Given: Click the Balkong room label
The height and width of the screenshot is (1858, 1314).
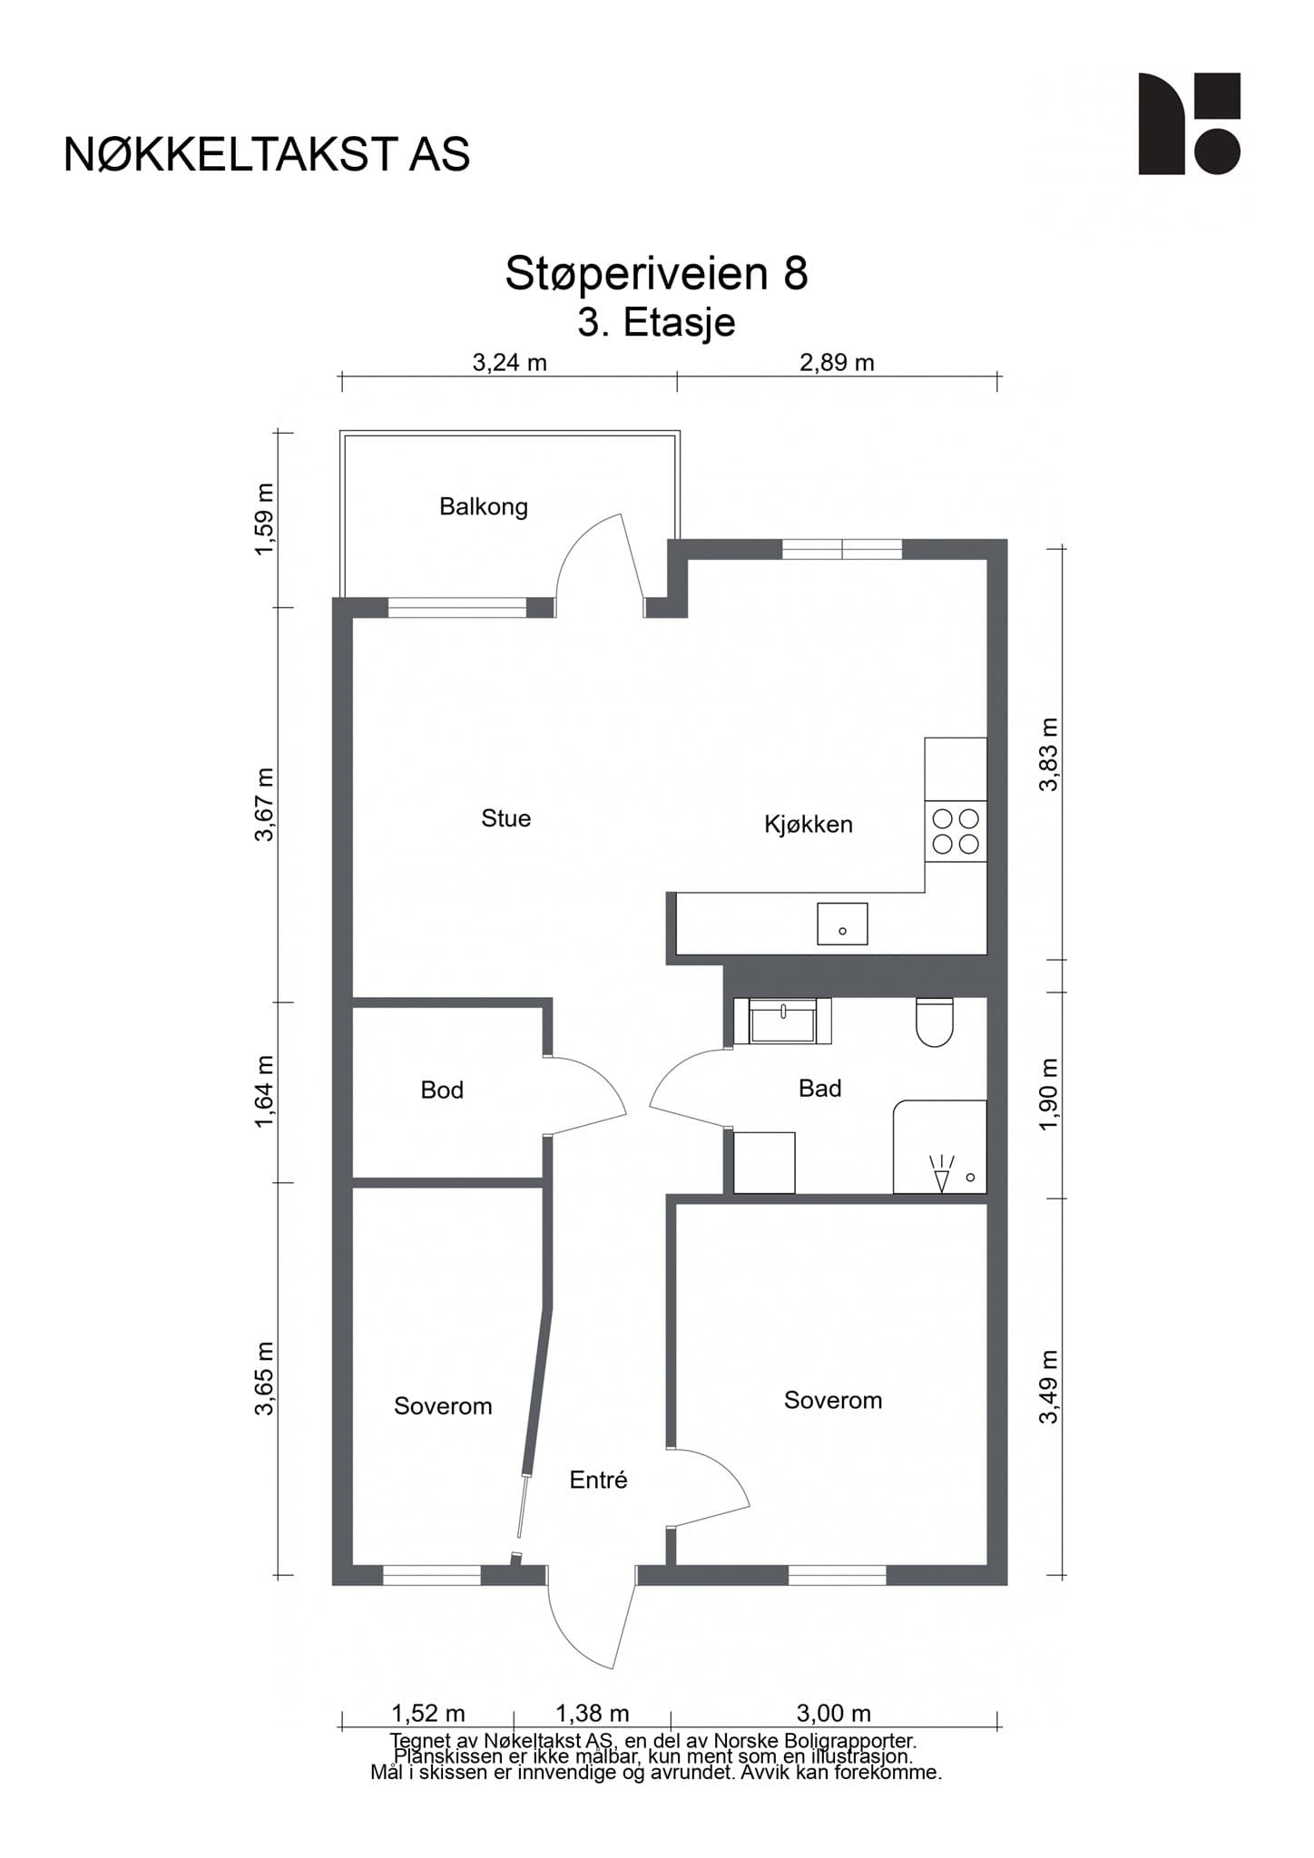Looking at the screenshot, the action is click(484, 506).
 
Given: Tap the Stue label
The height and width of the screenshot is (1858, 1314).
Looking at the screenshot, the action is click(505, 818).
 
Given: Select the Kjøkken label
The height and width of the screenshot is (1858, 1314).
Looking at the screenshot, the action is click(809, 825).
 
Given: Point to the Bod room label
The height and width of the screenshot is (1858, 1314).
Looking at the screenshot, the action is click(442, 1090).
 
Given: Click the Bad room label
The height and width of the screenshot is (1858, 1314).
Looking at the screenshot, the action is click(820, 1089).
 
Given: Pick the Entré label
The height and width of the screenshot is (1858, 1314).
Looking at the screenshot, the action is click(598, 1480).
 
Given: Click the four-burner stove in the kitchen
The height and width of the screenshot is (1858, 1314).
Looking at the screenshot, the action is click(956, 832).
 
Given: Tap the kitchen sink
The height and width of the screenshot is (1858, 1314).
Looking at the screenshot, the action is click(842, 924).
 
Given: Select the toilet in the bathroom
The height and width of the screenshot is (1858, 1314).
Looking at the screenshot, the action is click(935, 1022).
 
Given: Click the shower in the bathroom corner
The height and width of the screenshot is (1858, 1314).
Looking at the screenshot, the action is click(940, 1148).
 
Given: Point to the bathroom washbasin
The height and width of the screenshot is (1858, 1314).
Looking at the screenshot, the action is click(781, 1022).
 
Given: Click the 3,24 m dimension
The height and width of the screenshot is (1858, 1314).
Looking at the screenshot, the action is click(510, 364).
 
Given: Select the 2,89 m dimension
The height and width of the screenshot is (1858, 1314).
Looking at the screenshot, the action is click(837, 364).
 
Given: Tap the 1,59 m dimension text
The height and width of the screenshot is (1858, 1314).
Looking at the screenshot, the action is click(263, 520).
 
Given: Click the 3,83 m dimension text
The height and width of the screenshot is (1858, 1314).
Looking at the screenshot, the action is click(1049, 754).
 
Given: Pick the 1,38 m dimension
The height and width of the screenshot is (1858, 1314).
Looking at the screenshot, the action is click(592, 1714).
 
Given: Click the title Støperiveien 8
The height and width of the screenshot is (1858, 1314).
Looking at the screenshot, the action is click(657, 273).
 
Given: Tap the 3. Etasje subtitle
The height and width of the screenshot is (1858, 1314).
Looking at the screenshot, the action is click(657, 322).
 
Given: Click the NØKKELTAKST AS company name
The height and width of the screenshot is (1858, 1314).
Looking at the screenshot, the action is click(267, 154).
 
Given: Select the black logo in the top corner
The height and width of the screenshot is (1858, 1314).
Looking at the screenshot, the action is click(1190, 123).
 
